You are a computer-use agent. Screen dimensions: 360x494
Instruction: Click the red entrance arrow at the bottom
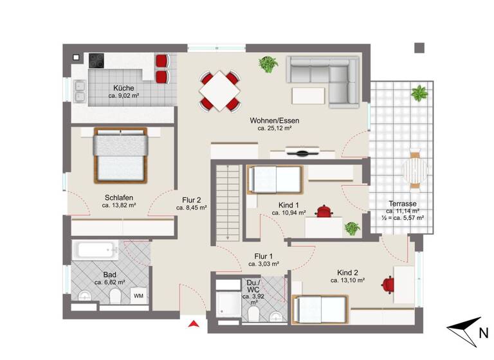(x=191, y=324)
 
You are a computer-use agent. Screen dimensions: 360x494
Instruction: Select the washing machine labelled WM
(x=138, y=296)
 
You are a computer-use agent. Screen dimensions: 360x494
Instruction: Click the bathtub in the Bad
(x=95, y=250)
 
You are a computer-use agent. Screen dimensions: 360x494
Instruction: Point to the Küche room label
(x=123, y=88)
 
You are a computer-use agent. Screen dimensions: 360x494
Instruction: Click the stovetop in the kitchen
(x=97, y=60)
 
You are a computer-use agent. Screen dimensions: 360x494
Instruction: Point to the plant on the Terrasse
(x=419, y=93)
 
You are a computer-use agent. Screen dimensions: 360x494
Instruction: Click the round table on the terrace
(x=415, y=172)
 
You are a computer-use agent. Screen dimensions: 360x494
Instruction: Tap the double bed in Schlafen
(x=120, y=155)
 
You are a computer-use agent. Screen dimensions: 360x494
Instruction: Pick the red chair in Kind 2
(x=388, y=283)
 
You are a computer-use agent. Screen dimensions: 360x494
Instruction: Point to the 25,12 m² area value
(x=274, y=129)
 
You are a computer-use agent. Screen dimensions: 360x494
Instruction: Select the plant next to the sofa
(x=267, y=64)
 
